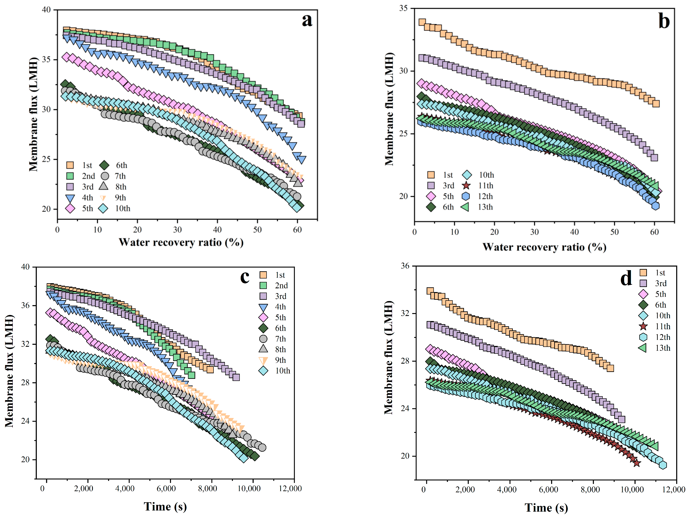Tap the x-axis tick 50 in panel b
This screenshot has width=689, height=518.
[x=614, y=232]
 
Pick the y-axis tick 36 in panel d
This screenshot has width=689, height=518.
[x=405, y=266]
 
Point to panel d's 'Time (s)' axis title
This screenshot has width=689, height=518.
[x=546, y=508]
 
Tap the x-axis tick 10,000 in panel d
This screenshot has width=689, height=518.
[x=632, y=490]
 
